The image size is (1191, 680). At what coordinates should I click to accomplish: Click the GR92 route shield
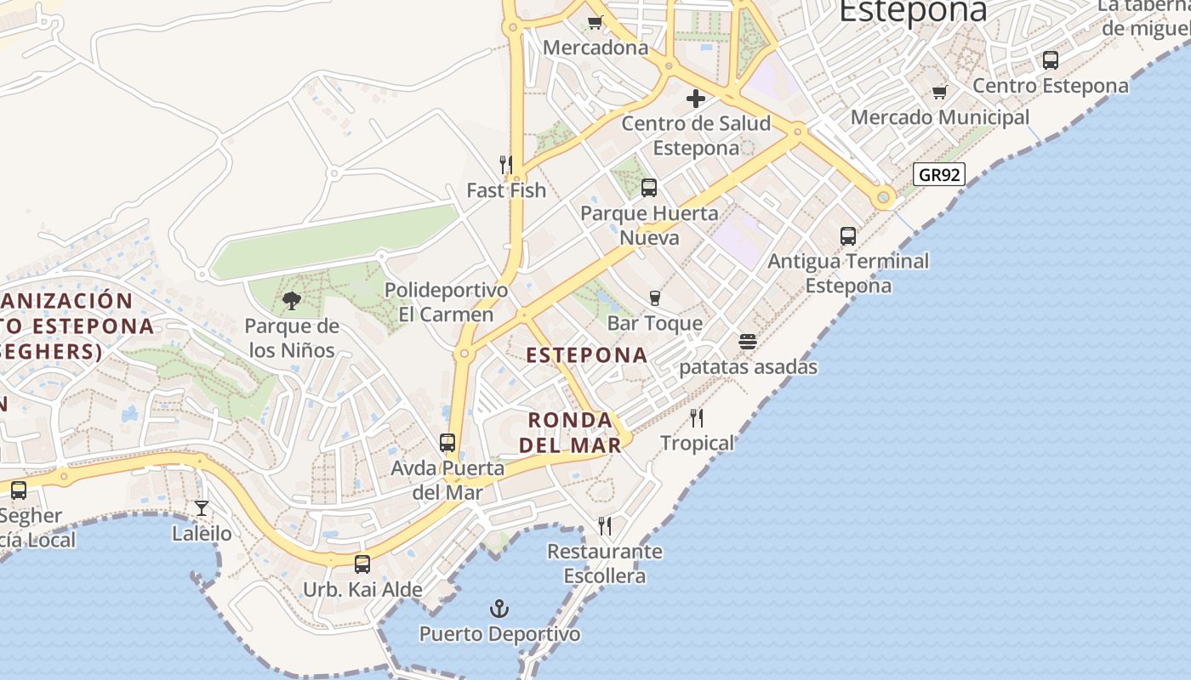point(939,175)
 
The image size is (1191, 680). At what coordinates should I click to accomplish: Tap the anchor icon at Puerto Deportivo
point(500,609)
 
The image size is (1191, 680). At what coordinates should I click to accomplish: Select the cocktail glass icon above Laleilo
point(202,508)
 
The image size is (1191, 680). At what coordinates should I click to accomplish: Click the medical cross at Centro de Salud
point(696,99)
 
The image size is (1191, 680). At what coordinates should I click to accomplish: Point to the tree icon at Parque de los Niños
point(292,300)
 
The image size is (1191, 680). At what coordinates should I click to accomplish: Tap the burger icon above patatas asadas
point(748,342)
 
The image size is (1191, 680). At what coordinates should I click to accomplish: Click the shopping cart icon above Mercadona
point(595,23)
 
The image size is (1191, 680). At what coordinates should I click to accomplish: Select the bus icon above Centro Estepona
point(1051,60)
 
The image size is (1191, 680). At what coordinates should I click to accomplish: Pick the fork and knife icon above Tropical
point(697,417)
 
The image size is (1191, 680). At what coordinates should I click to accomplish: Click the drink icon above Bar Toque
point(655,297)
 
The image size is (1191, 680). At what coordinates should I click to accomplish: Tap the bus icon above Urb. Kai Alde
point(362,564)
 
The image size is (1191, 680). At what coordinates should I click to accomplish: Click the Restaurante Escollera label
point(605,564)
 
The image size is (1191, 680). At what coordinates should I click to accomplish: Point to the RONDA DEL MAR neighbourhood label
point(570,433)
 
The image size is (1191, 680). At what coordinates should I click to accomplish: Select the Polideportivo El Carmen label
point(447,303)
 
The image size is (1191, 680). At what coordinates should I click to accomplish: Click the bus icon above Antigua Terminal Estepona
point(848,236)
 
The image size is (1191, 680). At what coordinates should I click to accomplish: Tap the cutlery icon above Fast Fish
point(506,164)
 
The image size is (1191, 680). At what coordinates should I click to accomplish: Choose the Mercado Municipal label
point(940,117)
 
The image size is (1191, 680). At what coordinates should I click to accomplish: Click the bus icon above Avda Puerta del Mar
point(447,443)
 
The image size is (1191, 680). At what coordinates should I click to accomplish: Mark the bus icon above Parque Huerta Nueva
point(649,188)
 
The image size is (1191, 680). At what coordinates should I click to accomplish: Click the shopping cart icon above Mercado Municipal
point(940,92)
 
